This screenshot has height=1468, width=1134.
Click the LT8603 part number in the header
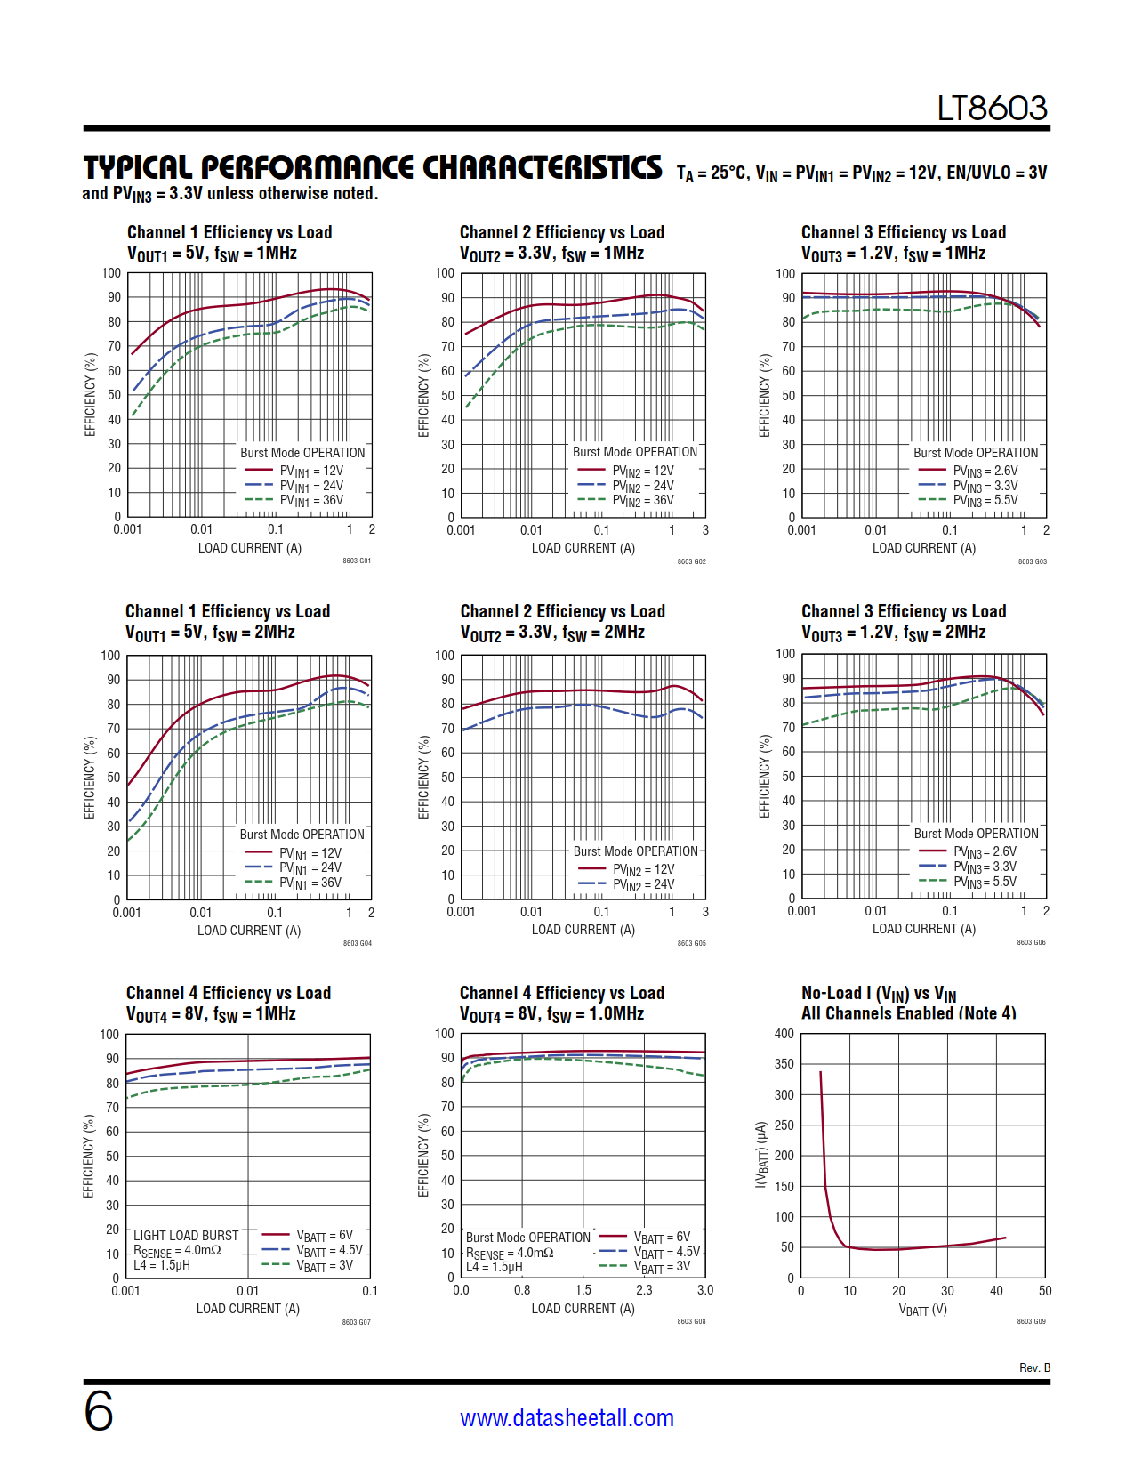(x=992, y=109)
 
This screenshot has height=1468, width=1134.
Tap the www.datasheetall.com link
(x=567, y=1417)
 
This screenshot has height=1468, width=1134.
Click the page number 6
(x=99, y=1411)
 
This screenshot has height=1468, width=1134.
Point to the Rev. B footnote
(x=1034, y=1367)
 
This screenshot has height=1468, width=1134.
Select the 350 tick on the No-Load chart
(x=784, y=1064)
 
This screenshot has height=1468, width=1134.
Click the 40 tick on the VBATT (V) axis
(x=996, y=1291)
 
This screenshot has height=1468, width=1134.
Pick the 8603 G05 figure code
(x=691, y=943)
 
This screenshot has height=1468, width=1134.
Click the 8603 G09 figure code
(x=1031, y=1321)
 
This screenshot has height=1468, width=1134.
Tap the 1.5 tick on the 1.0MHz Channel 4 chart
(x=583, y=1290)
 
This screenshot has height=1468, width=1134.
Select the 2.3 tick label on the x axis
(x=644, y=1290)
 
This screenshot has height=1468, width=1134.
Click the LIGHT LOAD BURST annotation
(x=186, y=1236)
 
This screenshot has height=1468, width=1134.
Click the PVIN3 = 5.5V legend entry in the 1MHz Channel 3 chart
(x=985, y=501)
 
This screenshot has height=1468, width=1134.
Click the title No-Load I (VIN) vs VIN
(x=878, y=994)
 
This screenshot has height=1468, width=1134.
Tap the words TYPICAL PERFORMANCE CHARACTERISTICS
(x=373, y=167)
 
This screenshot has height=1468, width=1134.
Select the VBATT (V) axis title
(x=922, y=1310)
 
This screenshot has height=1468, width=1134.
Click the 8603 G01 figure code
(x=357, y=561)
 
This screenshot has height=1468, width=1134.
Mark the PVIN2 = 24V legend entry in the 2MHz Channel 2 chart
(x=643, y=884)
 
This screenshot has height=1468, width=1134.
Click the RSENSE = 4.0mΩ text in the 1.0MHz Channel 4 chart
(x=510, y=1253)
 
